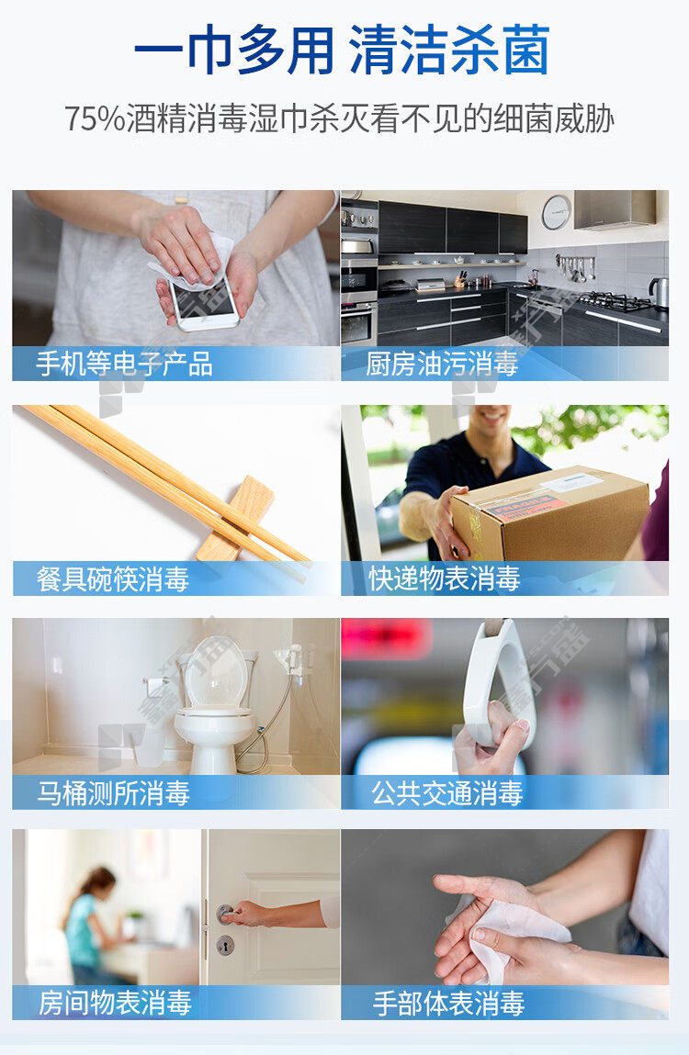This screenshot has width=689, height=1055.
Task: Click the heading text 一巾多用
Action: [x=233, y=50]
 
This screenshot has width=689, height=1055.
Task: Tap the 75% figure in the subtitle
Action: [x=95, y=118]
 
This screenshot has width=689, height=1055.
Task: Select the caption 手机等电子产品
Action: [x=125, y=364]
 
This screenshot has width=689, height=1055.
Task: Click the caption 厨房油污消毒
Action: [x=441, y=364]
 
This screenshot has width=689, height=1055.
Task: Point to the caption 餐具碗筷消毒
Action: [x=112, y=579]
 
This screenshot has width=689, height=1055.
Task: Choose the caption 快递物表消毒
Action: [x=444, y=578]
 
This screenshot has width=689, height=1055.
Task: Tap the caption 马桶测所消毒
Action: [x=113, y=792]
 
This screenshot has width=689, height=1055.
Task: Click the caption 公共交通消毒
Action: [x=447, y=792]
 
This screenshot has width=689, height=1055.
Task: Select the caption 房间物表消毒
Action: [x=115, y=1003]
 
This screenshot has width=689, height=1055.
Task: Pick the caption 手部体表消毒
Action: [x=448, y=1003]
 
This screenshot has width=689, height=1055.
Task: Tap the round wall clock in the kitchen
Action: [x=557, y=212]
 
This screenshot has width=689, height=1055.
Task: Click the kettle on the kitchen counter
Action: [x=659, y=292]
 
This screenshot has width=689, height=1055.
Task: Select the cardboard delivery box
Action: [x=549, y=512]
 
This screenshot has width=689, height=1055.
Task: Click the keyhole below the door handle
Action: [x=226, y=946]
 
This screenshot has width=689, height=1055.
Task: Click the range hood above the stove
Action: [x=615, y=208]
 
